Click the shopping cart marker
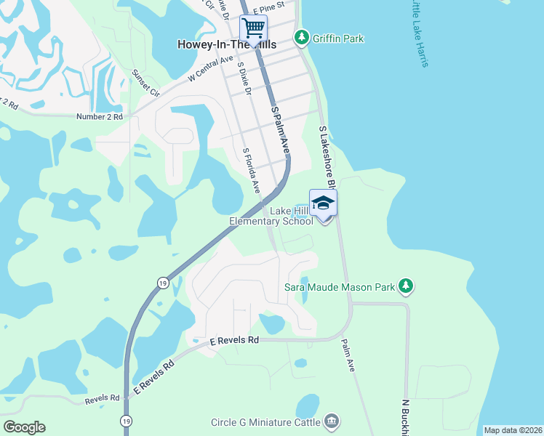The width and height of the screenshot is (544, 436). click(253, 28)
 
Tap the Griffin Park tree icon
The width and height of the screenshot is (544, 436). click(300, 36)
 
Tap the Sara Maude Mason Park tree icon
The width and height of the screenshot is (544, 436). click(407, 288)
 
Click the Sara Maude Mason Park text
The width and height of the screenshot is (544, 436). click(340, 288)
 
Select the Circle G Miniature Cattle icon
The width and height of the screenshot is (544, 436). click(332, 421)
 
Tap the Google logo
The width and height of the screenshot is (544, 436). click(24, 427)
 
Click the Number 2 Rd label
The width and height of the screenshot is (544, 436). click(100, 116)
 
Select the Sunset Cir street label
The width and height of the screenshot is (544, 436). click(145, 83)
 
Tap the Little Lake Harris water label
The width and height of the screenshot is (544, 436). click(418, 33)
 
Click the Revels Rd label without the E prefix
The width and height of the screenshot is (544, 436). click(102, 398)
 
